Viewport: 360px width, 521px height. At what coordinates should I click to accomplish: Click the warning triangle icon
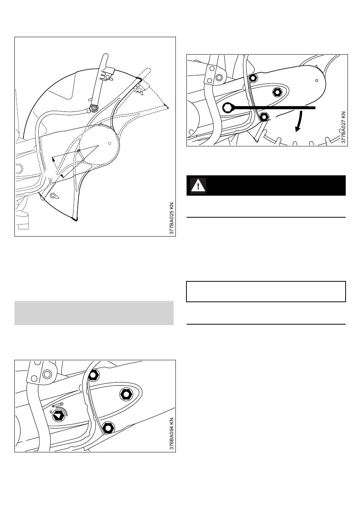click(x=198, y=186)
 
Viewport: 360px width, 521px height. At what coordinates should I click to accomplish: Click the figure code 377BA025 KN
click(x=172, y=218)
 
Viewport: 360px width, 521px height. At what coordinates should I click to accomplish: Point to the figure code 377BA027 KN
click(x=344, y=127)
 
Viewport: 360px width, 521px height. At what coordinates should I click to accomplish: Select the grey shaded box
click(x=94, y=313)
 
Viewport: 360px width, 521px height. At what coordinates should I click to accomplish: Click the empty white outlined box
click(x=266, y=292)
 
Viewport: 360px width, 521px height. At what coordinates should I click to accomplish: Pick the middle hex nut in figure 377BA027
click(x=277, y=93)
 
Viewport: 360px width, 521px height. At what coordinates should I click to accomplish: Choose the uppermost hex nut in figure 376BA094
click(x=93, y=375)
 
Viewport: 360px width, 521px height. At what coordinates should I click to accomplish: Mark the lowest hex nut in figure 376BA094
click(x=108, y=427)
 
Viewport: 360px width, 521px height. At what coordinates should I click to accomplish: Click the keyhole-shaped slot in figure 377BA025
click(x=54, y=196)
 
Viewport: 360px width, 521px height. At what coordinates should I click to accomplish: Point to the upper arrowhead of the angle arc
click(x=53, y=159)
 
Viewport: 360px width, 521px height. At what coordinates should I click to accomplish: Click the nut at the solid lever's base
click(x=94, y=108)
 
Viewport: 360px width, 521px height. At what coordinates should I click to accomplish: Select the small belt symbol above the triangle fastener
click(x=57, y=405)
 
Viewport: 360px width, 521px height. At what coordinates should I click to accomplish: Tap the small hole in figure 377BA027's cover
click(x=316, y=80)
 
